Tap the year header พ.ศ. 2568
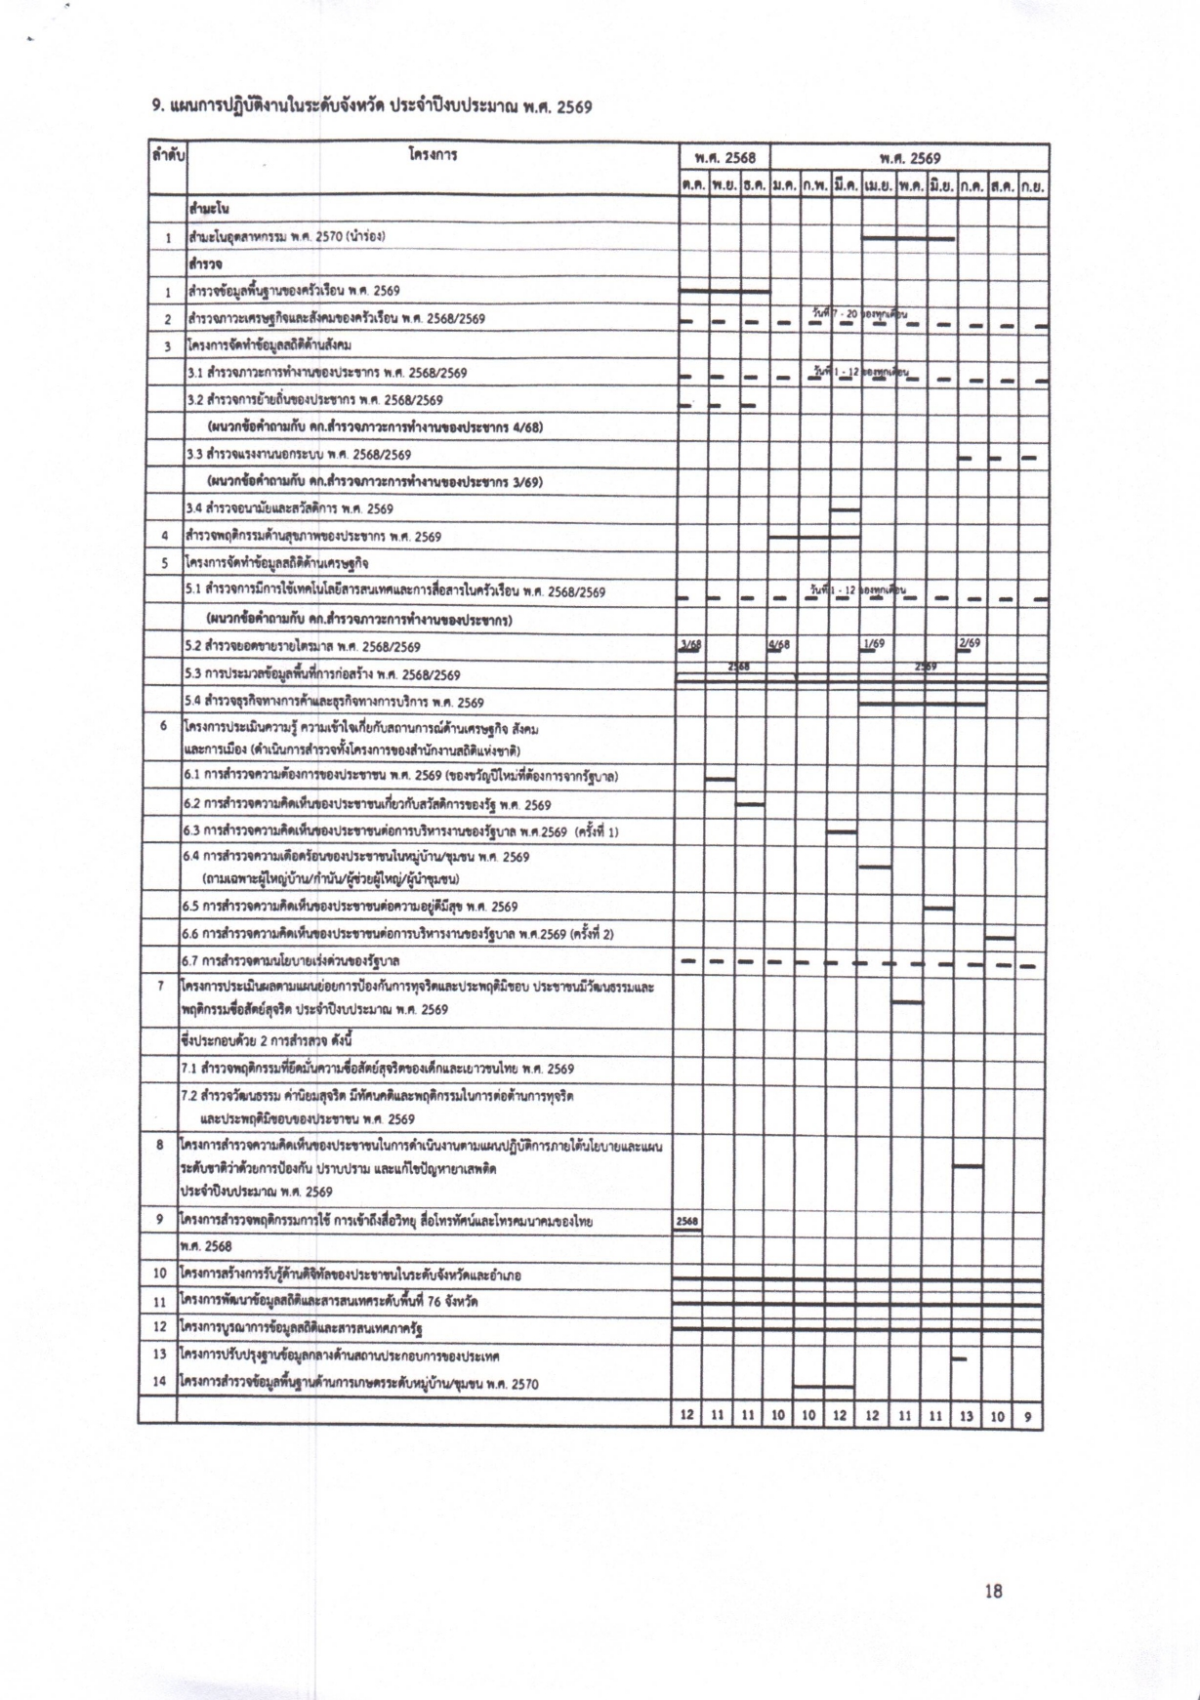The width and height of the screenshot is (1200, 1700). click(x=724, y=158)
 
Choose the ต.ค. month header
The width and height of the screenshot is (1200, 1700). click(x=693, y=183)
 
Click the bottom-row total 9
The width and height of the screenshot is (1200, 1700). click(x=1027, y=1416)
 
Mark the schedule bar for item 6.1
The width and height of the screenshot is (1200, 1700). click(x=721, y=779)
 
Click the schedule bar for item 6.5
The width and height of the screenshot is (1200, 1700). click(x=938, y=909)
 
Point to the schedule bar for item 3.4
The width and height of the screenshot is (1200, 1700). click(x=845, y=509)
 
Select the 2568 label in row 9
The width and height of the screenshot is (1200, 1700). click(x=687, y=1221)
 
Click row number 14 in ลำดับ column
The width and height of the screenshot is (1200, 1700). click(x=160, y=1383)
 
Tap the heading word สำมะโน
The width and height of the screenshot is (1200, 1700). click(x=209, y=210)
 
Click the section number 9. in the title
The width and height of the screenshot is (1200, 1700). click(x=157, y=106)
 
